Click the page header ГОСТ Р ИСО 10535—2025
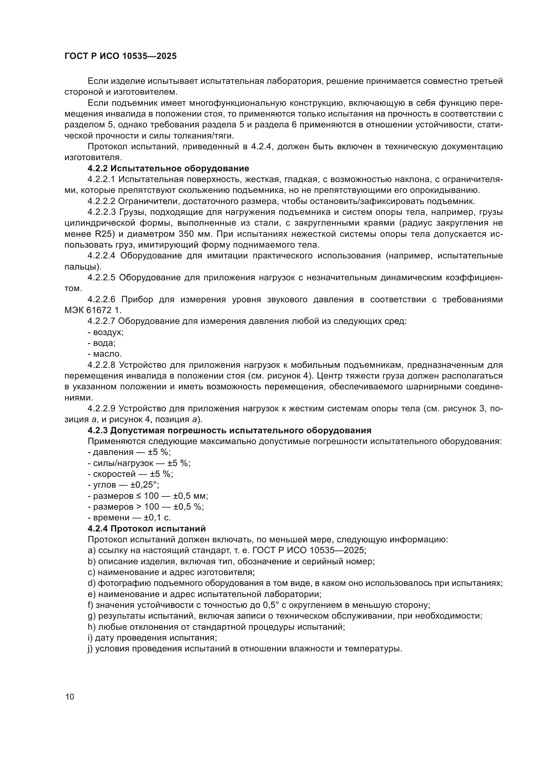tap(121, 56)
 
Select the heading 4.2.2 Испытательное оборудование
tap(168, 168)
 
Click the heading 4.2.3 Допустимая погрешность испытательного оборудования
tap(229, 430)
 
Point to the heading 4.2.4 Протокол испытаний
tap(146, 529)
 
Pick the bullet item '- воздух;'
tap(106, 332)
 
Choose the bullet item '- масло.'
tap(105, 354)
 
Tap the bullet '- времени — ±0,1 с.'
tap(129, 518)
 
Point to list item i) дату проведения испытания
tap(152, 638)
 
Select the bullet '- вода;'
tap(102, 343)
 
